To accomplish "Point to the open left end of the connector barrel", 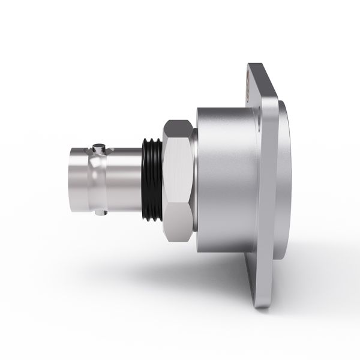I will coord(71,178).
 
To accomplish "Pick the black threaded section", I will coord(152,178).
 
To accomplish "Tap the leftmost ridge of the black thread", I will coord(145,178).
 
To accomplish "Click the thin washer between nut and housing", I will coord(194,178).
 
